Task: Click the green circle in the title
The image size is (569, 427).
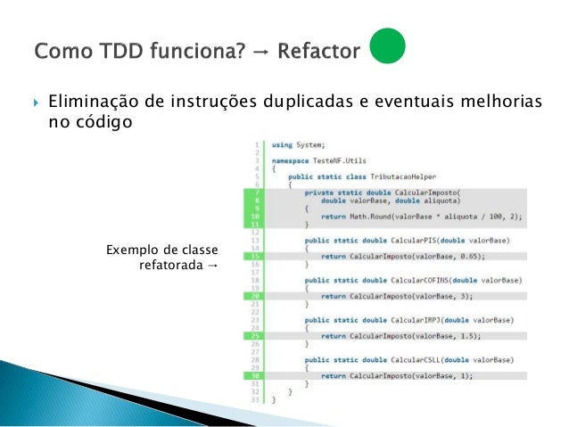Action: (x=388, y=49)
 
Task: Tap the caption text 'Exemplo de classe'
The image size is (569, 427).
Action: (x=161, y=249)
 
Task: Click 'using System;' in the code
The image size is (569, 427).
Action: (x=298, y=144)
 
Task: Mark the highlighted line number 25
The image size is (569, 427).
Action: (x=256, y=336)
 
